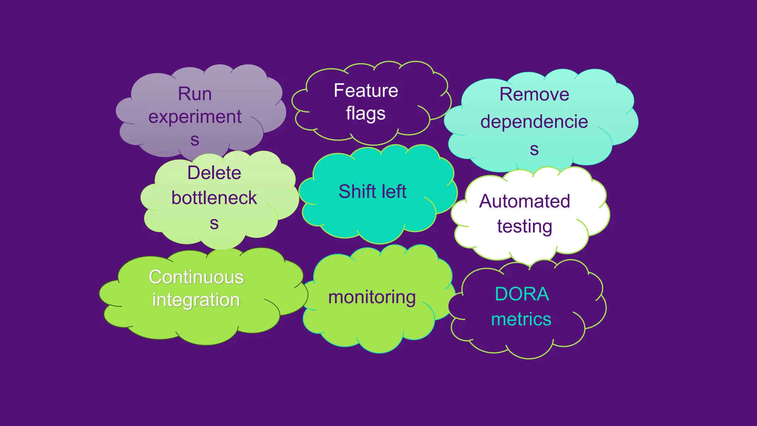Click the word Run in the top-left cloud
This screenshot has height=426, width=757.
click(195, 94)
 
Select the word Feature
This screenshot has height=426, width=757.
click(366, 91)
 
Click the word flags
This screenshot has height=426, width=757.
click(366, 114)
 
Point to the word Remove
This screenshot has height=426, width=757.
click(534, 94)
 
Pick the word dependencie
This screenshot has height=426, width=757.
click(534, 122)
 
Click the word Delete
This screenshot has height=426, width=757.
click(214, 173)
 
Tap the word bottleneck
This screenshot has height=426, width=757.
click(214, 198)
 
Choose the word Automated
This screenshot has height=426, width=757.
click(525, 202)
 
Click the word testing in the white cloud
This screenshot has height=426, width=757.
click(525, 226)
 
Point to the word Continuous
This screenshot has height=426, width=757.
click(196, 277)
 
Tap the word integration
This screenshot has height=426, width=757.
click(196, 300)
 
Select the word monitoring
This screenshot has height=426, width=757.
click(372, 297)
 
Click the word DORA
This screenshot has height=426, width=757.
click(522, 294)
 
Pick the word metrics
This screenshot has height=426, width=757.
click(521, 319)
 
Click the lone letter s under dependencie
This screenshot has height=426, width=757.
click(534, 150)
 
